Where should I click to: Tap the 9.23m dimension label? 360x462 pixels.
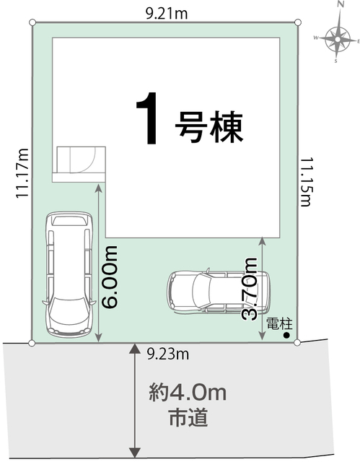click(x=167, y=353)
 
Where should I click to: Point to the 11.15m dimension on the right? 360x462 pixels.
click(x=306, y=180)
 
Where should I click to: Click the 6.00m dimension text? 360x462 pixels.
click(x=110, y=276)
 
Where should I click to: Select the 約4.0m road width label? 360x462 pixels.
click(x=189, y=393)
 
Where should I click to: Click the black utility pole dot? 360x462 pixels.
click(x=286, y=335)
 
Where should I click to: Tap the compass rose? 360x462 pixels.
click(x=336, y=38)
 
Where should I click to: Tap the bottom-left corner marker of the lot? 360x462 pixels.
click(x=32, y=343)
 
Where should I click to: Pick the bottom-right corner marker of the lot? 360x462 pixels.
click(x=297, y=343)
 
